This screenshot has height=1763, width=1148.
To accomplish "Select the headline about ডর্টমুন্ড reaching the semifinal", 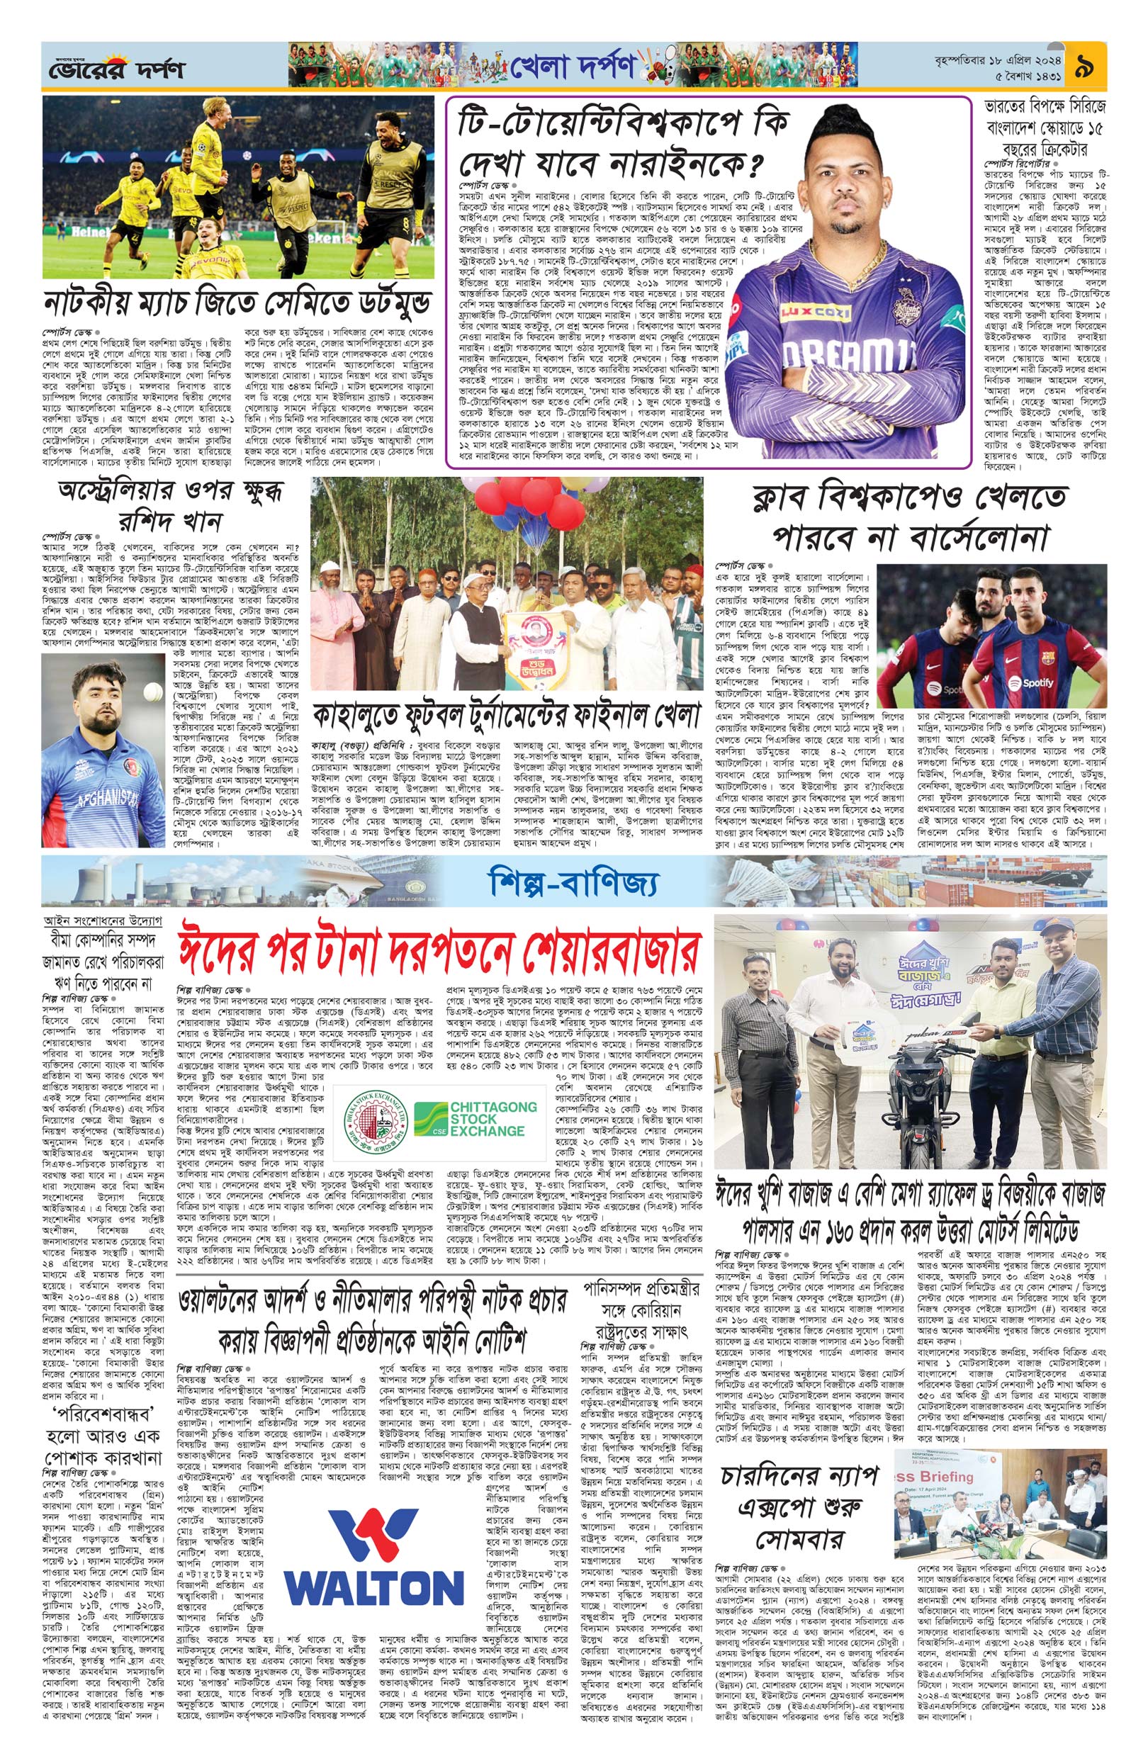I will (235, 304).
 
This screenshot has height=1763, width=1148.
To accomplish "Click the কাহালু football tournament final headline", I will (507, 716).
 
